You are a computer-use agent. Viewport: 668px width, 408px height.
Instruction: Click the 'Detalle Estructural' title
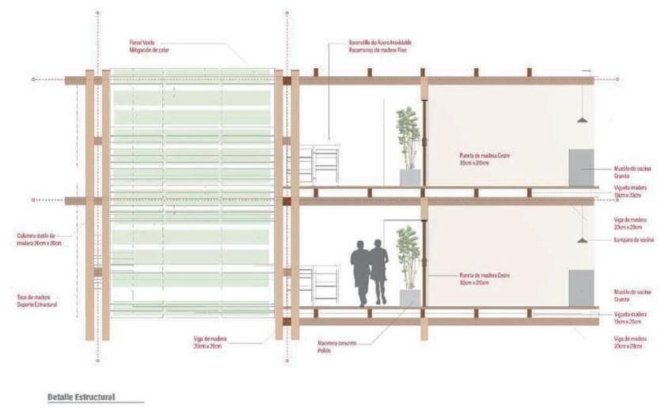point(82,396)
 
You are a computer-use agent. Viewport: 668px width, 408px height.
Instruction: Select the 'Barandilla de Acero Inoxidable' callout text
point(380,45)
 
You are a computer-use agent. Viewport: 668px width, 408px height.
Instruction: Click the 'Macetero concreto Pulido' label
point(337,346)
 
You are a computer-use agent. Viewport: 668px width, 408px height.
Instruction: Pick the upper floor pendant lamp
point(582,120)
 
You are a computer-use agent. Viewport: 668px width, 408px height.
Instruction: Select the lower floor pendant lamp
point(582,239)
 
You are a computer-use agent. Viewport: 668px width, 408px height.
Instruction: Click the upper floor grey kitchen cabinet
point(581,167)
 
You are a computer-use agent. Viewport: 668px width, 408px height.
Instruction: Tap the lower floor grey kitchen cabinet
point(581,288)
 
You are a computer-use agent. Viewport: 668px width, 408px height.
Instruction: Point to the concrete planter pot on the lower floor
point(410,297)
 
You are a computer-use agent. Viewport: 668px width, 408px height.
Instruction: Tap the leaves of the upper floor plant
point(408,135)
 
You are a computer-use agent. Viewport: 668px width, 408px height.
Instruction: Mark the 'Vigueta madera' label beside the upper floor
point(630,191)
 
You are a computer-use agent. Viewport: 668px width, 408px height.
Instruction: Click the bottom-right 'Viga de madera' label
point(630,342)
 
